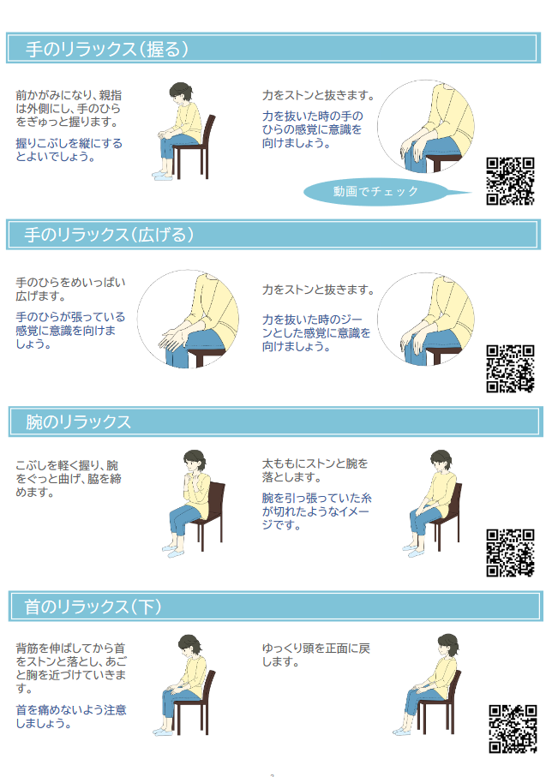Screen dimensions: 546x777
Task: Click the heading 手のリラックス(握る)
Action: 106,49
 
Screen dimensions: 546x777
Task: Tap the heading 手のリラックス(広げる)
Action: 109,235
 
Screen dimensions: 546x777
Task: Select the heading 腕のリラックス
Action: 78,421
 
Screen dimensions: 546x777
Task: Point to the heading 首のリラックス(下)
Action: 93,607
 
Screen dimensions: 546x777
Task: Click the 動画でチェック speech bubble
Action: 377,191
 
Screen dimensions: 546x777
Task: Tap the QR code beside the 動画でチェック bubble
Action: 510,181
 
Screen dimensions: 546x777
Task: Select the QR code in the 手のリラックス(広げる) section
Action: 510,368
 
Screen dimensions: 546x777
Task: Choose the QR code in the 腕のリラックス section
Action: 510,553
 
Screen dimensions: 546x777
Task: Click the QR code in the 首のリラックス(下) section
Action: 513,729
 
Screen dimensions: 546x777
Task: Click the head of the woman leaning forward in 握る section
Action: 180,93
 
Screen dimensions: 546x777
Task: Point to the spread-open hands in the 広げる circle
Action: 173,339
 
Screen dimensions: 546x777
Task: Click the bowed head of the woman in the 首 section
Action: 189,646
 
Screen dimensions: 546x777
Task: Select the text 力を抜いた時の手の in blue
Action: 312,116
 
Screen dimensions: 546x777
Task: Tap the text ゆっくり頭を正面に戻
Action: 316,648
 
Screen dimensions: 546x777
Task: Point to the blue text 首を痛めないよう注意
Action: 71,709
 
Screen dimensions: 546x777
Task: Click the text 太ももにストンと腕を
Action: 315,463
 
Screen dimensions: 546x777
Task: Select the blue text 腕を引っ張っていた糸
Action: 317,498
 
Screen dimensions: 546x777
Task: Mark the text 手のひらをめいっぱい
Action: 70,283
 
